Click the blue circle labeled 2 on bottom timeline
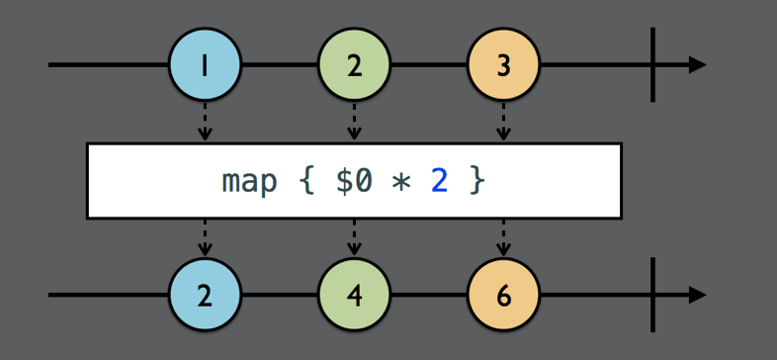[205, 296]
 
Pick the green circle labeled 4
[354, 296]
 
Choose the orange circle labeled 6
[503, 296]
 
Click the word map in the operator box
[249, 182]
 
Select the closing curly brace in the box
[477, 182]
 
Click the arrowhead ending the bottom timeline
[697, 296]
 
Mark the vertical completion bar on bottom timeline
[652, 296]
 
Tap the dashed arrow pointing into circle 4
[354, 238]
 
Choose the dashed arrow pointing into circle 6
[503, 238]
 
